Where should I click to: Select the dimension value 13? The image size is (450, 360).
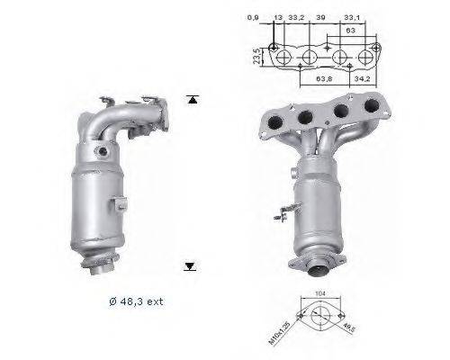(277, 17)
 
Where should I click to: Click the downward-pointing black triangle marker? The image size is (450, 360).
(190, 265)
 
